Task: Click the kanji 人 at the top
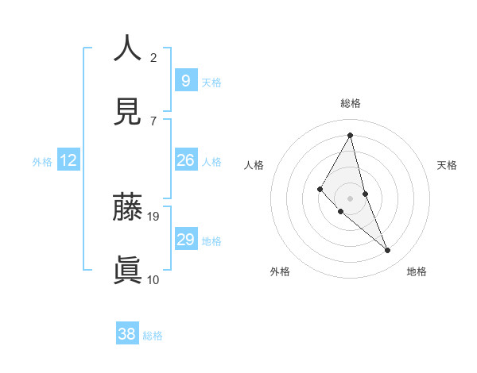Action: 127,48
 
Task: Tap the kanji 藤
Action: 127,207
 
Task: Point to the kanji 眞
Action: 127,271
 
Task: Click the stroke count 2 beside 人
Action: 153,57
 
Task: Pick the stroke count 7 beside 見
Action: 153,121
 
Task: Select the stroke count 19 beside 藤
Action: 154,216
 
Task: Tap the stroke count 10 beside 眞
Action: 153,279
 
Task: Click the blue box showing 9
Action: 185,80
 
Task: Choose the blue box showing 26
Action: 185,160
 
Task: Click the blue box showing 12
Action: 68,160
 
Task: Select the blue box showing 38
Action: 126,334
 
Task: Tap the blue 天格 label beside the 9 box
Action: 211,82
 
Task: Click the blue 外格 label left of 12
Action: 42,162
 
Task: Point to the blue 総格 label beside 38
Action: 153,336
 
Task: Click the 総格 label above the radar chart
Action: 351,103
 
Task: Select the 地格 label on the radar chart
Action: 417,271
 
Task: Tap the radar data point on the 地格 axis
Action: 388,251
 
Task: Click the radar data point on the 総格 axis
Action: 351,135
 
